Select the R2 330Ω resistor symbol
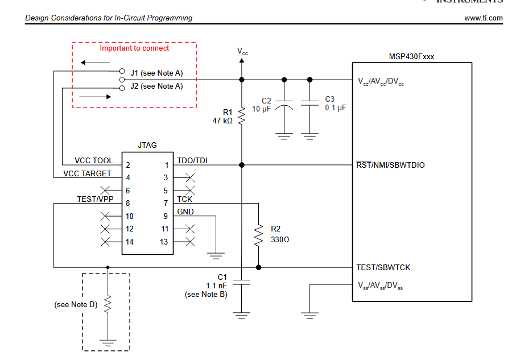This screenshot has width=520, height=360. [x=259, y=235]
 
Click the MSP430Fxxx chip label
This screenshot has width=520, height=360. [x=411, y=56]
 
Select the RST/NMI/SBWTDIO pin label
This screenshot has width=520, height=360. [x=390, y=165]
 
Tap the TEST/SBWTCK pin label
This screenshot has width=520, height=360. [x=383, y=267]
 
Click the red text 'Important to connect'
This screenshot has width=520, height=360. [x=134, y=48]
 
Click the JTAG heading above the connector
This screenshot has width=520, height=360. [x=147, y=145]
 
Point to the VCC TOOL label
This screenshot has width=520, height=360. [x=94, y=161]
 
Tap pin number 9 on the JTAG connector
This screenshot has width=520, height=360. [x=166, y=216]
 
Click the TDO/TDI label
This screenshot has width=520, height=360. [x=192, y=160]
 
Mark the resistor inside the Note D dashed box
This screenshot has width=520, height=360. [x=108, y=306]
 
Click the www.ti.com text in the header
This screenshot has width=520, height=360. [x=483, y=18]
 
